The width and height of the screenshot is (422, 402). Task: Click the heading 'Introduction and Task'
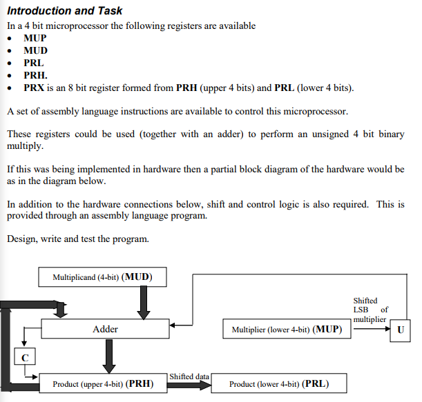[x=65, y=10]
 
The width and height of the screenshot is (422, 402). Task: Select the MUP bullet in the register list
[x=35, y=39]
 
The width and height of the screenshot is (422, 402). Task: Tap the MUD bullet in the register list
[x=35, y=51]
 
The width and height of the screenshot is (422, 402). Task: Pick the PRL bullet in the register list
[x=34, y=63]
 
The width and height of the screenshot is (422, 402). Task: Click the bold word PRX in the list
[x=35, y=88]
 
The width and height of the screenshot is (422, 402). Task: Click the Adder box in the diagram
[x=105, y=329]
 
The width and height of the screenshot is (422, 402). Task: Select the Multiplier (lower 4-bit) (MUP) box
[x=287, y=329]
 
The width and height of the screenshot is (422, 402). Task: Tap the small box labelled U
[x=400, y=330]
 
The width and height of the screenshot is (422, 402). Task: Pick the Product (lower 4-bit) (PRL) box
[x=278, y=383]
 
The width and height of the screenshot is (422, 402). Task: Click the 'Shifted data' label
[x=189, y=376]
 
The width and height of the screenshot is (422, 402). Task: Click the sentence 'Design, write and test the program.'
[x=77, y=239]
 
